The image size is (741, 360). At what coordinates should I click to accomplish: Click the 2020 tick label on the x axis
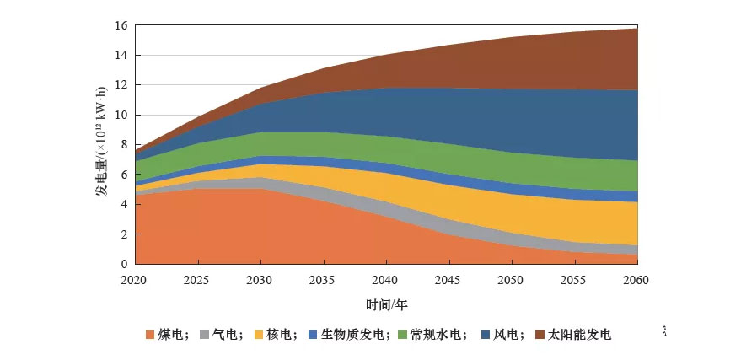point(135,280)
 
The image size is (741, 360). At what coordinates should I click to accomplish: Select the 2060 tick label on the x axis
point(637,280)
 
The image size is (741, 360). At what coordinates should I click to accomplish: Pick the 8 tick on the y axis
point(124,145)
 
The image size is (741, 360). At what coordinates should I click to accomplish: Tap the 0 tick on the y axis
point(124,264)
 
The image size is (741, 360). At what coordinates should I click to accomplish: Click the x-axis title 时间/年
point(386,304)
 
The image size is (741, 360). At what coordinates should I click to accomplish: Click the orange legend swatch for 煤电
point(150,335)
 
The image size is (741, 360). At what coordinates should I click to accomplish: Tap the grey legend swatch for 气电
point(204,335)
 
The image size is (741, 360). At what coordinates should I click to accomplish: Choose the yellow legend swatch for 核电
point(258,335)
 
